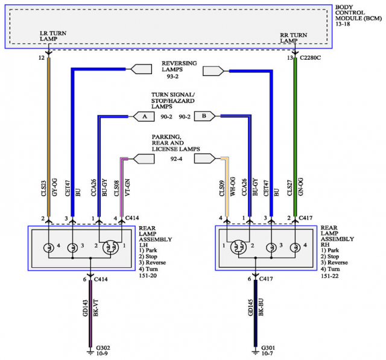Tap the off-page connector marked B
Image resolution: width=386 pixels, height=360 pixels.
point(204,116)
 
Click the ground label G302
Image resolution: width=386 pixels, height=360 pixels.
point(103,348)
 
